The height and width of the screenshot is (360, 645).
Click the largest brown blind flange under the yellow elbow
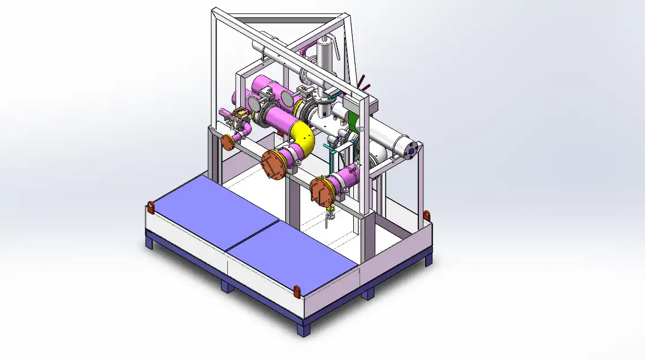click(274, 164)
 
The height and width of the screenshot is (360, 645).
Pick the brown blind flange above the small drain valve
click(321, 190)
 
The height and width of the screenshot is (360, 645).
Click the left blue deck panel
click(211, 210)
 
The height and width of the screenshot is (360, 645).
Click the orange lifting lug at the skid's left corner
click(151, 207)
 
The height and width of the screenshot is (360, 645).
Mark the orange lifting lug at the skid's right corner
click(427, 215)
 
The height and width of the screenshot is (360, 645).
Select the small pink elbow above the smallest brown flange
click(245, 131)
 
